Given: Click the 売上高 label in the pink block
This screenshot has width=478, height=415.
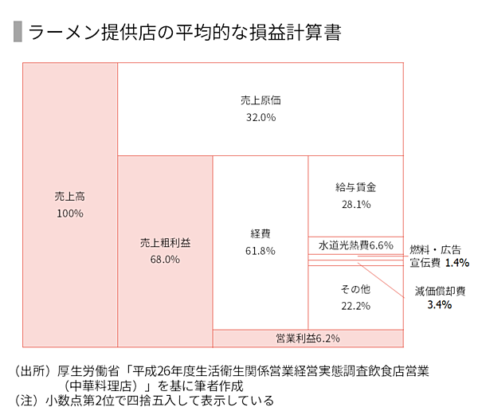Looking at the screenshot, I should coord(70,195).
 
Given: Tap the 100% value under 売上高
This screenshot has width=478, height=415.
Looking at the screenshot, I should coord(70,213).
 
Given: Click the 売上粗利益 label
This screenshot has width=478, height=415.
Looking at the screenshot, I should coord(165,242).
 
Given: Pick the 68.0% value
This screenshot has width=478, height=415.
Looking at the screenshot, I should coord(165,259).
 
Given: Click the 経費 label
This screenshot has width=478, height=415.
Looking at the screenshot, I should coord(261,233).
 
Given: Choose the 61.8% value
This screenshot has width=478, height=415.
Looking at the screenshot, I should coord(261,251).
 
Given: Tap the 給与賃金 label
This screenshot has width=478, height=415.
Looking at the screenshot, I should coord(355,187).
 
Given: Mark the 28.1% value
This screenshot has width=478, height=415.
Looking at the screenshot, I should coord(355,205).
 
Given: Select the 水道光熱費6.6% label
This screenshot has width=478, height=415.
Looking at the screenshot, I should coord(355,245).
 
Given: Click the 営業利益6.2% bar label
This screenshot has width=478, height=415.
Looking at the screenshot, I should coord(308,338).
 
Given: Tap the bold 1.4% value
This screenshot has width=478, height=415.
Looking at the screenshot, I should coord(457,262).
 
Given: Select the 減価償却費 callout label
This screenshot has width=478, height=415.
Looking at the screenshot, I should coord(440,291).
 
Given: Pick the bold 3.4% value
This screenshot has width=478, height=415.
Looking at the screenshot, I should coord(440,305).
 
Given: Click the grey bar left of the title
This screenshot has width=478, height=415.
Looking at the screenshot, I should coord(18,33).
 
